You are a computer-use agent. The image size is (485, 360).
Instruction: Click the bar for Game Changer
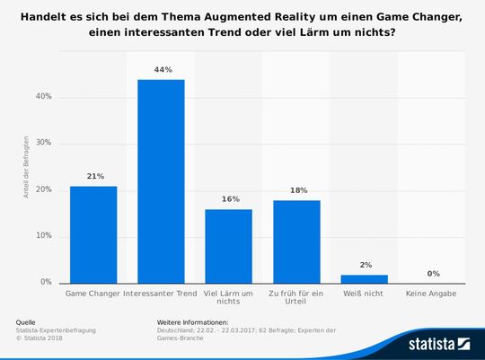click(93, 234)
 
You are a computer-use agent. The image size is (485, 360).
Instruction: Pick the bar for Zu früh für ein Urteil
click(296, 241)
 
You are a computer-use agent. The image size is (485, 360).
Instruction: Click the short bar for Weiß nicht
click(364, 278)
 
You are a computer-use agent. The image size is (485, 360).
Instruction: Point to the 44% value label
click(161, 70)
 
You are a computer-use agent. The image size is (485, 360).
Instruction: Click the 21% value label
click(93, 177)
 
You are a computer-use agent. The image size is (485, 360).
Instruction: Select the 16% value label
click(228, 199)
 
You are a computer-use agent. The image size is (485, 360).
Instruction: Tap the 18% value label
click(296, 190)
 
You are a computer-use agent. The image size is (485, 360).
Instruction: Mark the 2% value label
click(364, 265)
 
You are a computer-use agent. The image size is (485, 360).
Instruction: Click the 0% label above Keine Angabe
click(432, 274)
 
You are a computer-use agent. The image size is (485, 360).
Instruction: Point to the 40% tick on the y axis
click(42, 96)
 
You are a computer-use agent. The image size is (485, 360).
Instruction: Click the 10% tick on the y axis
click(42, 236)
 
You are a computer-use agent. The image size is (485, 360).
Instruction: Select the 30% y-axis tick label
click(42, 143)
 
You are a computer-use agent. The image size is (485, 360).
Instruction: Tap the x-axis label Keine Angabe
click(432, 294)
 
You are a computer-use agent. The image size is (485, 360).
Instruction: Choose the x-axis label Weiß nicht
click(364, 294)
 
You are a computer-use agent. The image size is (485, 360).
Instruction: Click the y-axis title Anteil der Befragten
click(27, 166)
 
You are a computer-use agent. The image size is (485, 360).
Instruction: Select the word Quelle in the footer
click(27, 321)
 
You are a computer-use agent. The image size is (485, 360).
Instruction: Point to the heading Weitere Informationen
click(192, 321)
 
